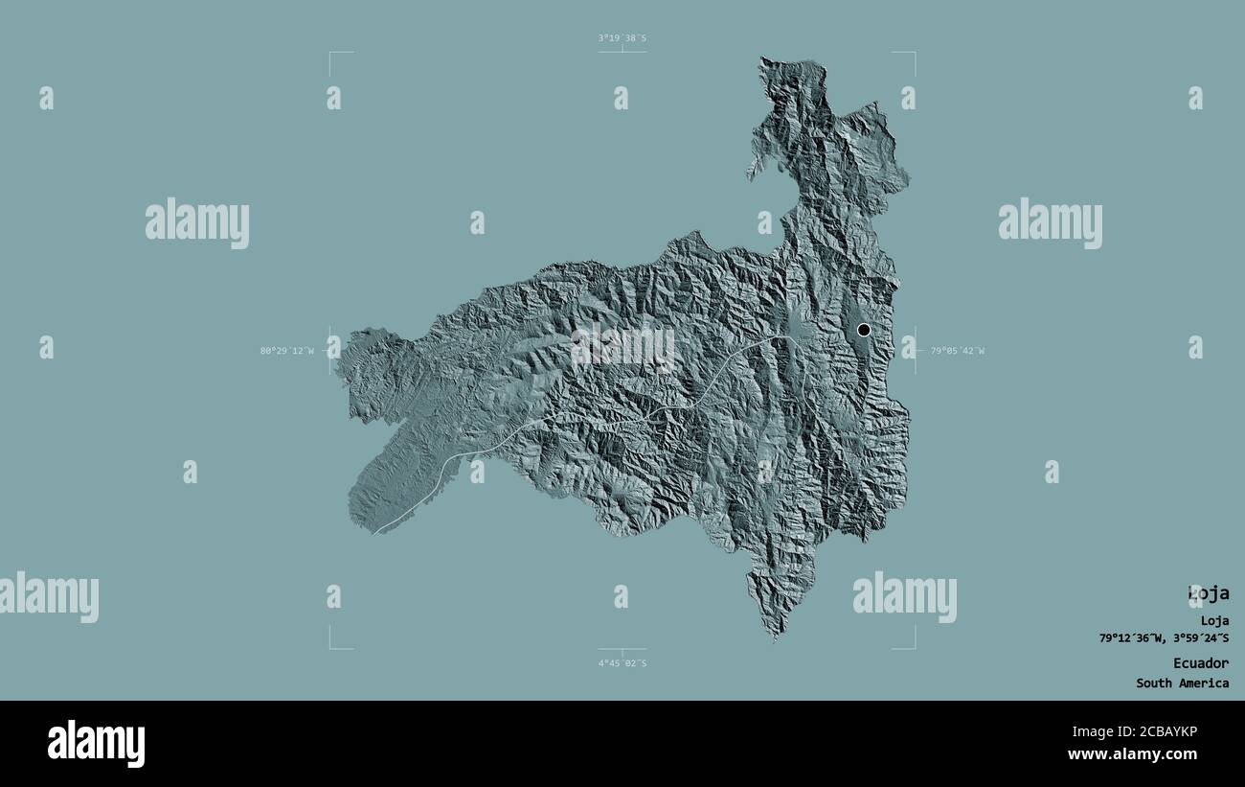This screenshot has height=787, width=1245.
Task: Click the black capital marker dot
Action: tap(864, 330)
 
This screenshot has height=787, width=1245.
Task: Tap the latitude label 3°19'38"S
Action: tap(622, 38)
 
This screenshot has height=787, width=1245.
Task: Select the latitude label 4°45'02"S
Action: tap(622, 663)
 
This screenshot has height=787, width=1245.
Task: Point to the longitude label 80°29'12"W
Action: tap(286, 351)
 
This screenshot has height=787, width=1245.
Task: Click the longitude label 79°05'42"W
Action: tap(958, 351)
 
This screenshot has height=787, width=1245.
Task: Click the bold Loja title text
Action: tap(1208, 593)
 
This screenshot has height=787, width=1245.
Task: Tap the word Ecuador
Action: tap(1201, 663)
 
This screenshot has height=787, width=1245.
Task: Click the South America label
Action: tap(1183, 683)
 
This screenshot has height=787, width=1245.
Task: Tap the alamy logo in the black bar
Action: tap(96, 744)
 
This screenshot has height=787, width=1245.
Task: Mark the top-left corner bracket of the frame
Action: tap(331, 54)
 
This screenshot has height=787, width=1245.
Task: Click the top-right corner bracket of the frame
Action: tap(914, 54)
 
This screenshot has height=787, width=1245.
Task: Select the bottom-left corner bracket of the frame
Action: tap(331, 648)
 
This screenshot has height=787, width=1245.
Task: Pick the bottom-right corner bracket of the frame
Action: tap(914, 648)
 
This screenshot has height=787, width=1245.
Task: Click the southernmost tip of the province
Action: tap(774, 637)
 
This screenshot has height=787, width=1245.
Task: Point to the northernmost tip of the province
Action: tap(763, 58)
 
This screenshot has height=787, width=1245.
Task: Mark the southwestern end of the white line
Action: tap(376, 532)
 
